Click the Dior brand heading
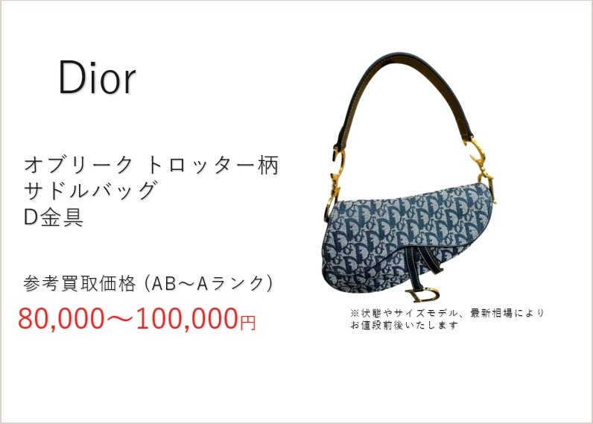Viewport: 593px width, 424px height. [x=97, y=77]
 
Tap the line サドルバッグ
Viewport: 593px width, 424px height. [x=90, y=190]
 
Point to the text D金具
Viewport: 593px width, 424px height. [x=54, y=217]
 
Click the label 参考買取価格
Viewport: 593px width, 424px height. [x=80, y=283]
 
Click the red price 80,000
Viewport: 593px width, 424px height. [x=61, y=318]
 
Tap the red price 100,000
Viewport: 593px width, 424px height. [x=187, y=318]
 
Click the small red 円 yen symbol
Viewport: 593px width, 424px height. [x=248, y=322]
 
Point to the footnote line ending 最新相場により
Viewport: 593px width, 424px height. [x=447, y=313]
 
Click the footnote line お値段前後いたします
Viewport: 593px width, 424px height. [x=405, y=325]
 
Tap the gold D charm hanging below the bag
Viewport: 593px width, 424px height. [x=422, y=295]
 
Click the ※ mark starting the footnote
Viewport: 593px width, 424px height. [x=355, y=313]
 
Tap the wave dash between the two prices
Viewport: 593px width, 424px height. [x=120, y=318]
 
